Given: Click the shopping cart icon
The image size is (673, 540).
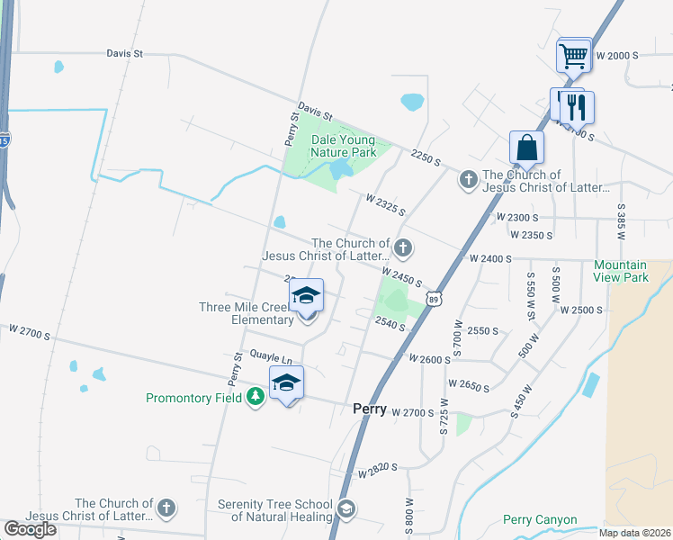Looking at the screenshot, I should click(573, 57).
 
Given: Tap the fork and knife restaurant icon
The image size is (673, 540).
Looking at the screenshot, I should click(577, 107).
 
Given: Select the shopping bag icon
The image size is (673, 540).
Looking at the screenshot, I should click(526, 148).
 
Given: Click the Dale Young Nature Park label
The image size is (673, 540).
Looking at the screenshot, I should click(343, 146).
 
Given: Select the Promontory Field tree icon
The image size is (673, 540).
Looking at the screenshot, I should click(256, 397).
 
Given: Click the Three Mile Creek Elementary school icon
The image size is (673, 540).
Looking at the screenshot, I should click(306, 297).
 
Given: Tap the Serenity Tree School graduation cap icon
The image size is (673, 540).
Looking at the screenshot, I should click(345, 510).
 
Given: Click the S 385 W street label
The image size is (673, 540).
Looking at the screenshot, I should click(620, 220).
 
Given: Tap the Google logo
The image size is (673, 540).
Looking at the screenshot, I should click(31, 529).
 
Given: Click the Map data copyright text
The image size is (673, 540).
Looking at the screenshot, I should click(635, 533).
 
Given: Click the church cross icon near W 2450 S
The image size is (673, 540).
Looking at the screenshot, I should click(404, 247).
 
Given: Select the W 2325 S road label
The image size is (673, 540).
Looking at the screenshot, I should click(385, 204).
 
